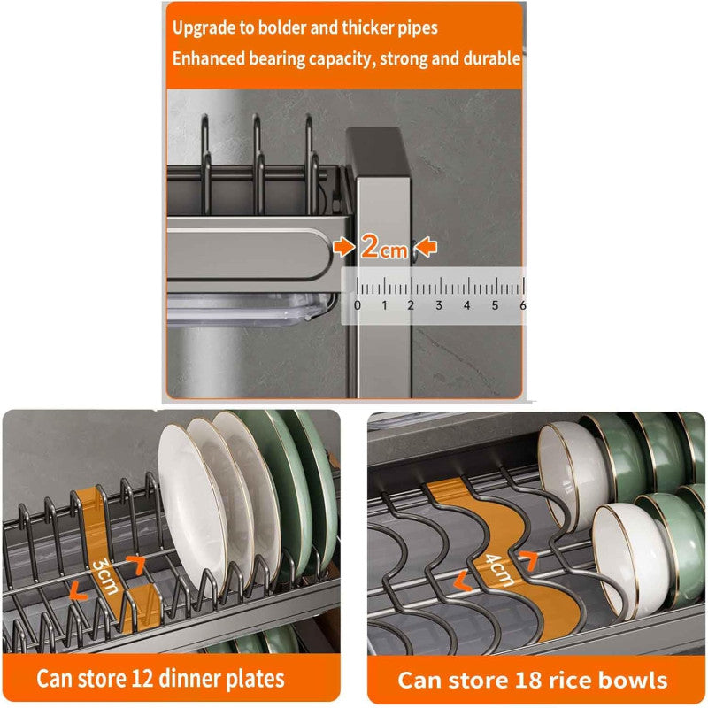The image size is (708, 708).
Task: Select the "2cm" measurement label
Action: [384, 248]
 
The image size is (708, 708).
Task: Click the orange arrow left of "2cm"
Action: [344, 248]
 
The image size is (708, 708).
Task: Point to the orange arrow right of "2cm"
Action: [426, 248]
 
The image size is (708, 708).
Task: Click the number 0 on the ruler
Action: [358, 305]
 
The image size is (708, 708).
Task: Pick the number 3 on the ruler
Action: [438, 305]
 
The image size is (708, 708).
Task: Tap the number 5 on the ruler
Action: [496, 305]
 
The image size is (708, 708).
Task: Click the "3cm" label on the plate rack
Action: [106, 576]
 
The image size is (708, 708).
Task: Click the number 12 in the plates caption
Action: [142, 678]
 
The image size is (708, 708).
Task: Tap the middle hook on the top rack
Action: [258, 165]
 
